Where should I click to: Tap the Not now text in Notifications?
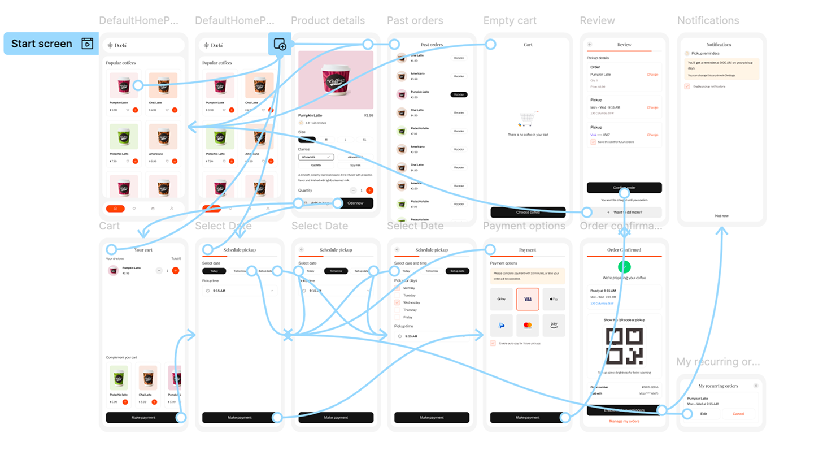(x=721, y=216)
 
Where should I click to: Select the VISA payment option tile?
(x=528, y=299)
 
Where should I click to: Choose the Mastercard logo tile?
(x=528, y=326)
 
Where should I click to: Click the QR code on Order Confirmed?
(x=624, y=346)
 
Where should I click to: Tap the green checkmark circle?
(x=624, y=267)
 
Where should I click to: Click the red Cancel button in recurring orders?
(x=738, y=414)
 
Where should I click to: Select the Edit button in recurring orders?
(x=704, y=414)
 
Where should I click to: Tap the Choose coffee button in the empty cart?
(x=528, y=213)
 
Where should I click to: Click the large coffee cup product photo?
(x=336, y=80)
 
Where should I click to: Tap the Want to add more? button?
(x=624, y=213)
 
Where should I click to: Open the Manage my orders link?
(x=624, y=421)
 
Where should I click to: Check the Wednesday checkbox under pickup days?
(x=398, y=302)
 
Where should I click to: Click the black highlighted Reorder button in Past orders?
(x=459, y=94)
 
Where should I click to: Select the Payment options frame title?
(x=524, y=226)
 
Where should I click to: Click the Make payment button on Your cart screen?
(x=143, y=418)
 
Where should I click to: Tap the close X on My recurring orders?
(x=756, y=386)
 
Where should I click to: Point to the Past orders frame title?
(x=415, y=21)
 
